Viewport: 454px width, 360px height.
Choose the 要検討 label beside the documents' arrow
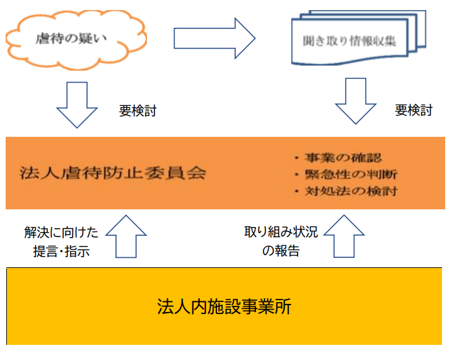click(x=414, y=111)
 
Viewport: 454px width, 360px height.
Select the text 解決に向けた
click(x=61, y=233)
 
